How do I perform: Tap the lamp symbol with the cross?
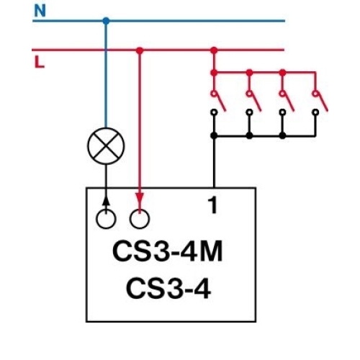[x=106, y=148]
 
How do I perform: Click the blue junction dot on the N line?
[x=106, y=21]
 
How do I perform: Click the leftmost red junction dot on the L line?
[x=140, y=50]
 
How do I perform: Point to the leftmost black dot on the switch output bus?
[x=213, y=135]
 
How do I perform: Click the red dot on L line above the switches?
[x=213, y=50]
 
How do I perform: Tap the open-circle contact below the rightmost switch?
[x=315, y=112]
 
